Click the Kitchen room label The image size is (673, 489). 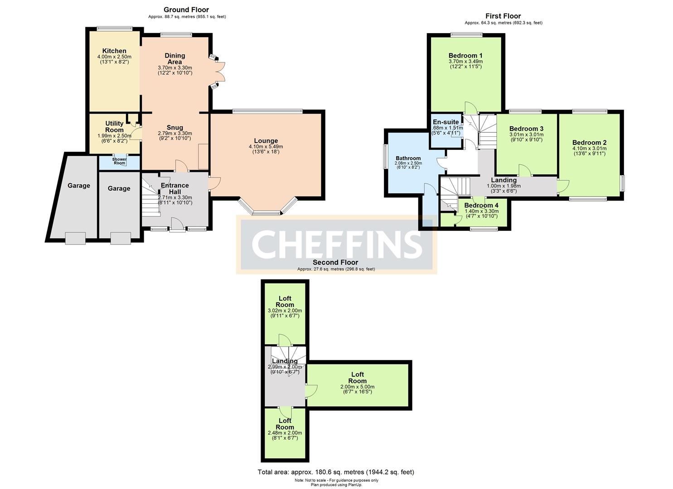pos(114,51)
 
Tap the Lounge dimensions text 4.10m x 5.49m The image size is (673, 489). pos(266,147)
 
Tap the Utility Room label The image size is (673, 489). pos(114,126)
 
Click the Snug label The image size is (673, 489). pos(175,127)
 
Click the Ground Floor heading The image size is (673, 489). pos(186,10)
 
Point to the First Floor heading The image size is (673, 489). pos(503,16)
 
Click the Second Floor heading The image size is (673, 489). pos(335,262)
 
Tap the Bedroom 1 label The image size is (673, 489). pos(465,55)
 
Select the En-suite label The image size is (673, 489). pos(446,122)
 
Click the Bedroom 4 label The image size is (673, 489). pos(481,205)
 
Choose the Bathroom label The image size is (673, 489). pos(408,158)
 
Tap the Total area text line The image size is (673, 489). pos(336,472)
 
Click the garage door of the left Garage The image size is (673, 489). pos(75,238)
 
